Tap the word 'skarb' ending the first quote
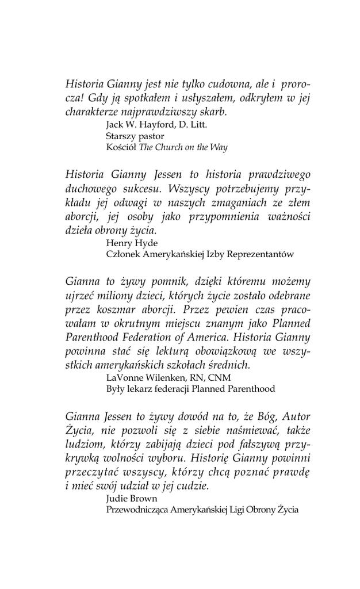[x=211, y=112]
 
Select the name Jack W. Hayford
[x=136, y=124]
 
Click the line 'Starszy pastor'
[x=135, y=136]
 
